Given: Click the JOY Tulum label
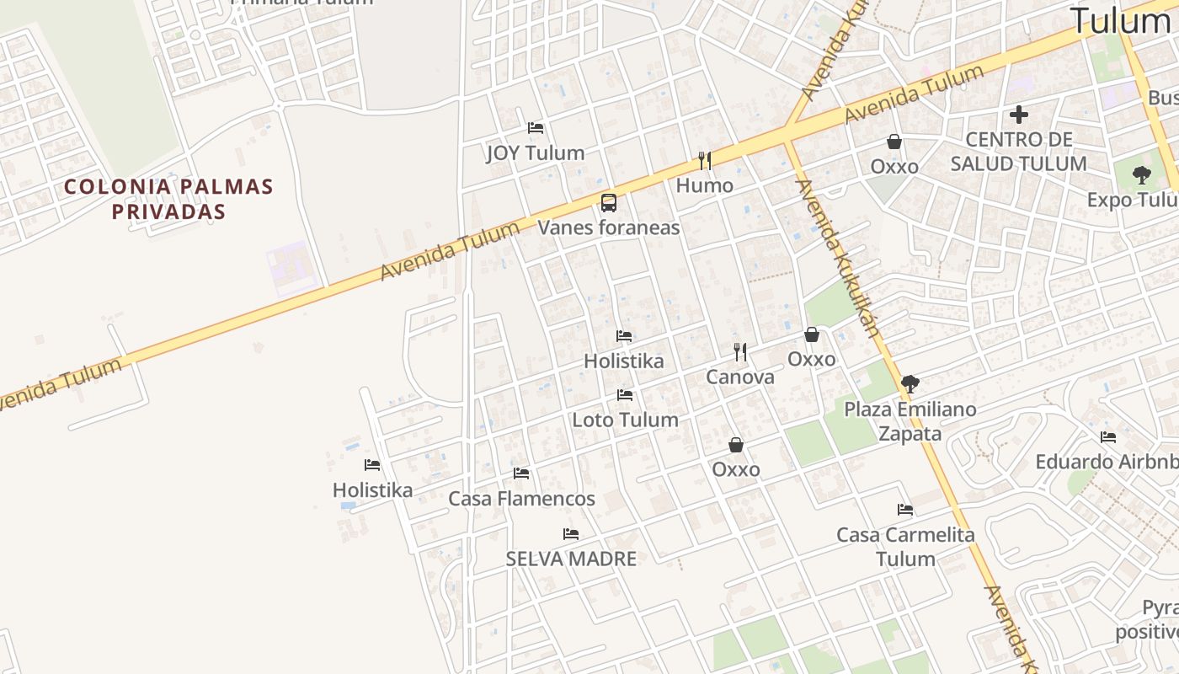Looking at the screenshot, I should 536,153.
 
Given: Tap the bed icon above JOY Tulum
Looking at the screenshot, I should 536,128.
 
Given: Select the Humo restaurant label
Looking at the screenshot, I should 705,185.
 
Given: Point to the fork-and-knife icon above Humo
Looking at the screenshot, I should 705,160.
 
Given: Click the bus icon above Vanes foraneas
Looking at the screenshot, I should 608,202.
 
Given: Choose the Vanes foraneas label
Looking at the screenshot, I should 609,227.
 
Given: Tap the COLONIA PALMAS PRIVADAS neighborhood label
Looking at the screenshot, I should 169,199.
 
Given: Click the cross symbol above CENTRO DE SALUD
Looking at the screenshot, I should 1019,115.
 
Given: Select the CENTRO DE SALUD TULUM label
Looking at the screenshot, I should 1019,152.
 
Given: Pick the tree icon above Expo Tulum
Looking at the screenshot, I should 1142,175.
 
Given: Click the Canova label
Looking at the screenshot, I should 740,377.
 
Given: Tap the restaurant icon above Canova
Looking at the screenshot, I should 740,351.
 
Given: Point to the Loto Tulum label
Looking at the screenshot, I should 625,420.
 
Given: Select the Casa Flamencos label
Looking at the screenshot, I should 521,499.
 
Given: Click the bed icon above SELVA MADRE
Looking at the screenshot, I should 571,534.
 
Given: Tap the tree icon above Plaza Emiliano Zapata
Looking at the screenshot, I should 910,384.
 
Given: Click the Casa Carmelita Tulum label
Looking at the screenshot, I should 905,547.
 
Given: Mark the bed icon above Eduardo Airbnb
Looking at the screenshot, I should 1108,437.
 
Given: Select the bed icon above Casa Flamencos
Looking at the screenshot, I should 521,473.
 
